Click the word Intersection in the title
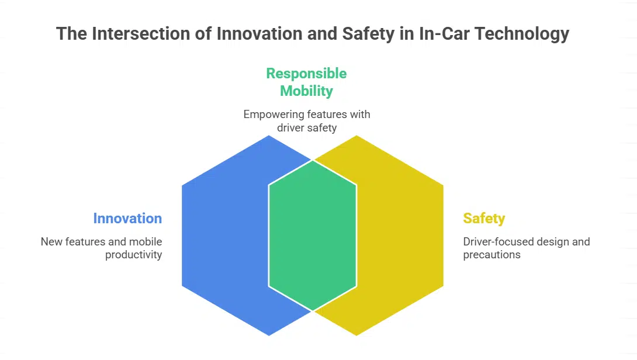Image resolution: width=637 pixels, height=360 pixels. point(141,33)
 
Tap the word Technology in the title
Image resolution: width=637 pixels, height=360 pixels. point(522,34)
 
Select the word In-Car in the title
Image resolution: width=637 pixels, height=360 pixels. point(444,33)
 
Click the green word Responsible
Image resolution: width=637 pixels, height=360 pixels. point(306,74)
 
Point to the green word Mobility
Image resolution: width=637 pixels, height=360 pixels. point(306,91)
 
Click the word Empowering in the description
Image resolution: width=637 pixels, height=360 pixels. point(274,115)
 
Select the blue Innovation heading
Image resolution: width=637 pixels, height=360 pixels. point(127,218)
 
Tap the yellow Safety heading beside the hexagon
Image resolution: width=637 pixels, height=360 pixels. point(484,219)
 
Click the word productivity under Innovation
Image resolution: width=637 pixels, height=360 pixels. point(134,255)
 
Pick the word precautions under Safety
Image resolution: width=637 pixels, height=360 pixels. point(491,255)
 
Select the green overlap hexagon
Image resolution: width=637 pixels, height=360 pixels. point(313,236)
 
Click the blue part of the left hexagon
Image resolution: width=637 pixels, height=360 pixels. point(226,236)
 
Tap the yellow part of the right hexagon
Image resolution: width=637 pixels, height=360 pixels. point(400,236)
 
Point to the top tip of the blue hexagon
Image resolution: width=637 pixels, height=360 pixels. point(269,136)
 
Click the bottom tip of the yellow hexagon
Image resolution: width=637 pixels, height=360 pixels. point(356,336)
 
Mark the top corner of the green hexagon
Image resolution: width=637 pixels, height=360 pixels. point(313,160)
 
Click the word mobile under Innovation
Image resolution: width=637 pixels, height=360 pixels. point(146,242)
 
